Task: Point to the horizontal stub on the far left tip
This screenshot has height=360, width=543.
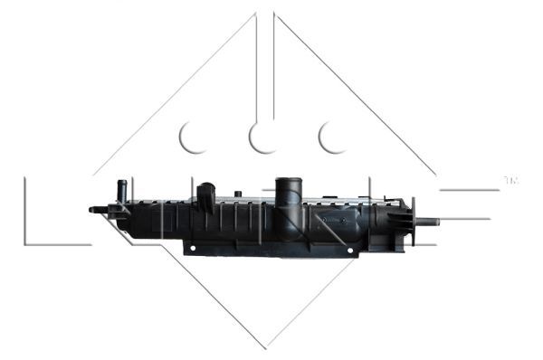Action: tap(94, 210)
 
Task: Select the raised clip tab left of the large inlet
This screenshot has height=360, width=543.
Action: tap(206, 196)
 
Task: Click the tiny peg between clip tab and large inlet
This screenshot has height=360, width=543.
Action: tap(237, 193)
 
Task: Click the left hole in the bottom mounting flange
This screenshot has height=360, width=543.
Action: tap(191, 247)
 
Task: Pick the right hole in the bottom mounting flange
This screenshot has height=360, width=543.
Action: tap(347, 247)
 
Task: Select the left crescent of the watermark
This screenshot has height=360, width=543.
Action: tap(193, 137)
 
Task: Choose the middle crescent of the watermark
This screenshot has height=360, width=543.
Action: tap(263, 137)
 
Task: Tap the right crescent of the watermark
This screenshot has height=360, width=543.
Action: tap(332, 137)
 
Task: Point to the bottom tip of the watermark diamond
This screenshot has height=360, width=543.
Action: tap(265, 346)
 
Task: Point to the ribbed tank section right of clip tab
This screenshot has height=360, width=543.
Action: tap(244, 217)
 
